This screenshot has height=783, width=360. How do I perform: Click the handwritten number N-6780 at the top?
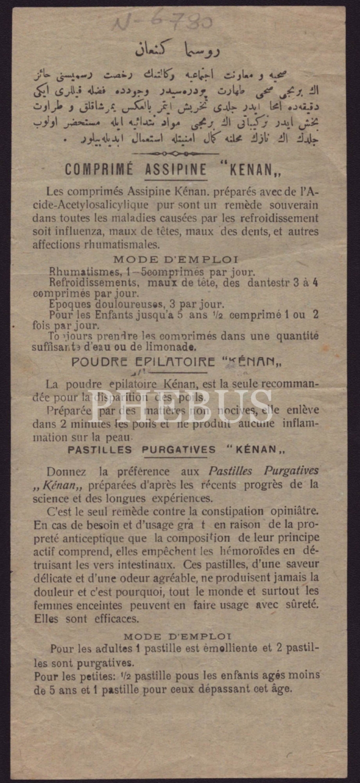coord(162,22)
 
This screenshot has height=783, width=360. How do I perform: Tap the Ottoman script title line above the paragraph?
coord(177,50)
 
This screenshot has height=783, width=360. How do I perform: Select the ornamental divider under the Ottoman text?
coord(176,153)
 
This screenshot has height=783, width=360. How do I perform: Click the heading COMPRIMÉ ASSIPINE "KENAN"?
coord(176,170)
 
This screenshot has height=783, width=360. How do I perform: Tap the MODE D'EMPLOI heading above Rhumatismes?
coord(176,259)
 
